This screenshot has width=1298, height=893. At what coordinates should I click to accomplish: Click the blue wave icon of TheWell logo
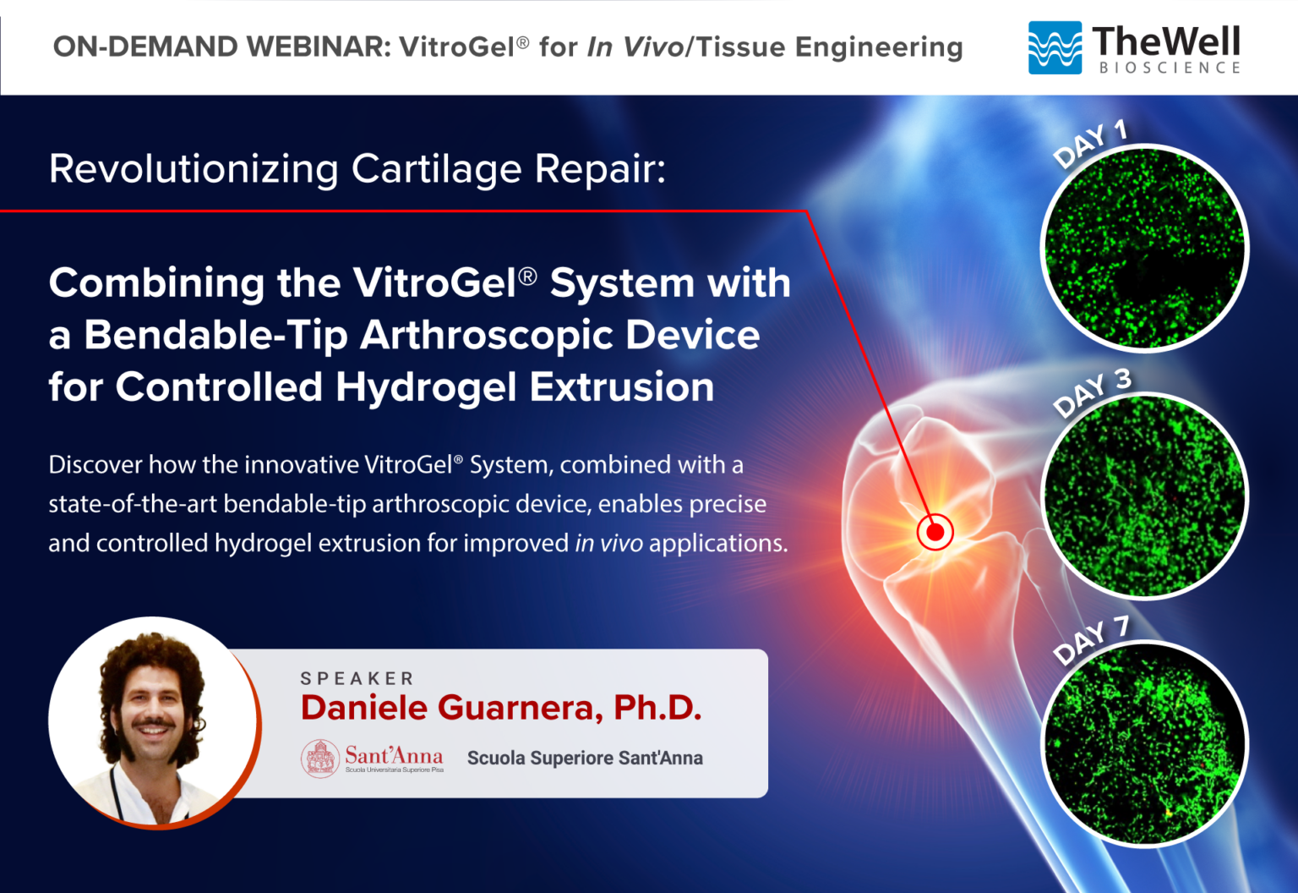click(1054, 47)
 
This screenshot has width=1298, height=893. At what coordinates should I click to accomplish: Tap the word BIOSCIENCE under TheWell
click(1170, 68)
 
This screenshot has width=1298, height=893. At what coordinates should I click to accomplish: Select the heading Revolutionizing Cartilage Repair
click(357, 168)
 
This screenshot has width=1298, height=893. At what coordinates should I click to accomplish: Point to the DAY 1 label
click(1090, 142)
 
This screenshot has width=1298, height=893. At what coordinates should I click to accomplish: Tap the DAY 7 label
click(1091, 640)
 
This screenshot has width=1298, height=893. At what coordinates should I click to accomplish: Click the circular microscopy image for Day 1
click(1144, 249)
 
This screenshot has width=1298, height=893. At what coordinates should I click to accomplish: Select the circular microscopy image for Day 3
click(1144, 496)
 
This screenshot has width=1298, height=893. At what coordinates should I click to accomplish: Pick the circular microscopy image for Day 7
click(1144, 744)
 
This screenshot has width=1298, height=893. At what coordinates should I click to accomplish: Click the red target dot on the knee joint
click(935, 532)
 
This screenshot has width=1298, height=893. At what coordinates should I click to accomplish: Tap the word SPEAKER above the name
click(357, 678)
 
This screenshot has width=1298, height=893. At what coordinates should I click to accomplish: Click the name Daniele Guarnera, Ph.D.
click(500, 708)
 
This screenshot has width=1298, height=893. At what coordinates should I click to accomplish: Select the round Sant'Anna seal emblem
click(320, 758)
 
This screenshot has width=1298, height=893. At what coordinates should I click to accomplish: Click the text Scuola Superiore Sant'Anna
click(585, 758)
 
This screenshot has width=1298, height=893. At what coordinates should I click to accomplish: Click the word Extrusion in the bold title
click(621, 387)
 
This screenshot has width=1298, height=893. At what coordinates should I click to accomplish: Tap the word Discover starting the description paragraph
click(95, 464)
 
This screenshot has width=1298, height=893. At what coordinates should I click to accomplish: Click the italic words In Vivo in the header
click(635, 47)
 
